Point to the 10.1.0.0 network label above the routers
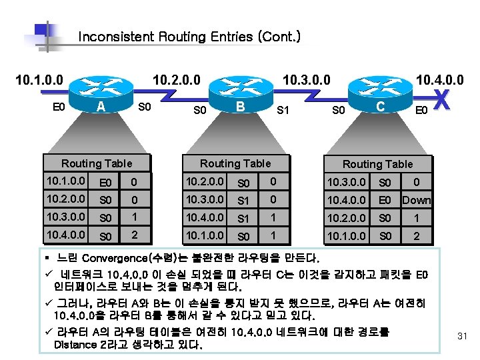(39, 81)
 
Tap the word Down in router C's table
(417, 200)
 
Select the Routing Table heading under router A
(97, 163)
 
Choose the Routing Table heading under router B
(236, 163)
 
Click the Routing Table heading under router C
(378, 164)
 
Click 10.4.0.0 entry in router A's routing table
(65, 235)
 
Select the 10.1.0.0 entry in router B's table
(205, 235)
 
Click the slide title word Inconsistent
(117, 37)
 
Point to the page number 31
(463, 336)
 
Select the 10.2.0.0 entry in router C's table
(346, 218)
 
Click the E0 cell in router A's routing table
(105, 182)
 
